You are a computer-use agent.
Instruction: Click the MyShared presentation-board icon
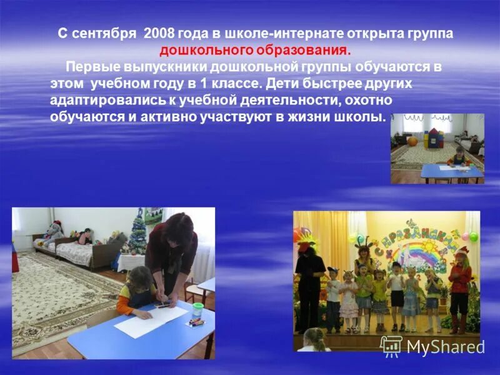[x=392, y=346]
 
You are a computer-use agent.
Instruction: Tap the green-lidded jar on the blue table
[x=198, y=309]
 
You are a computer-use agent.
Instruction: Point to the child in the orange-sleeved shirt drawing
[x=134, y=291]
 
